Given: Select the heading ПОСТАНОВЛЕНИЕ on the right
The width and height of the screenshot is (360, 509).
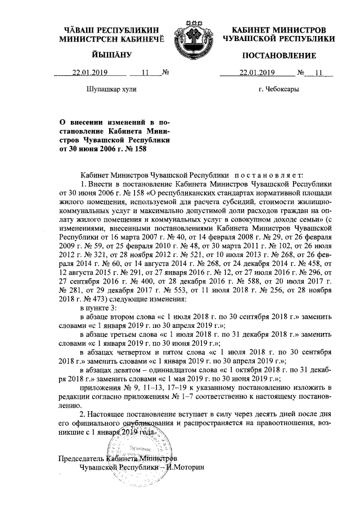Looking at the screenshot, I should [278, 55].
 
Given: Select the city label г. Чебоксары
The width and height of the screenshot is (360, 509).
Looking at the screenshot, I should [278, 89].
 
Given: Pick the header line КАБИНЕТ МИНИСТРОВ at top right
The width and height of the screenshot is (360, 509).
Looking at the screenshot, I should [278, 29].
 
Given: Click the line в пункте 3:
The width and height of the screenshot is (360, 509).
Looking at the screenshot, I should [99, 309].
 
